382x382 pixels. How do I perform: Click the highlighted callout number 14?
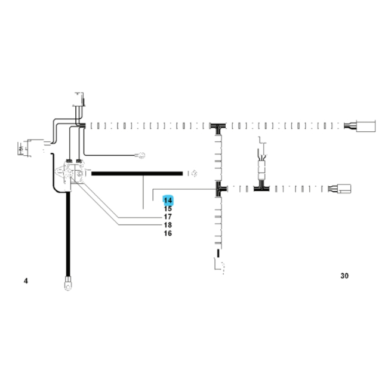point(168,201)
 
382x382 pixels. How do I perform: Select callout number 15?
point(168,209)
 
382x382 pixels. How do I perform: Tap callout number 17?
point(168,217)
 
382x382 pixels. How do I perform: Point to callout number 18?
point(168,225)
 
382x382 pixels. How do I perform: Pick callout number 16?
point(168,233)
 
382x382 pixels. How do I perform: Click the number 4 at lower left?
point(26,281)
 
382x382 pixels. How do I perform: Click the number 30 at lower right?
point(344,276)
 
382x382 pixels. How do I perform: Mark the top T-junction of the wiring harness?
point(218,126)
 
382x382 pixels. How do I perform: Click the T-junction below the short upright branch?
point(261,189)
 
